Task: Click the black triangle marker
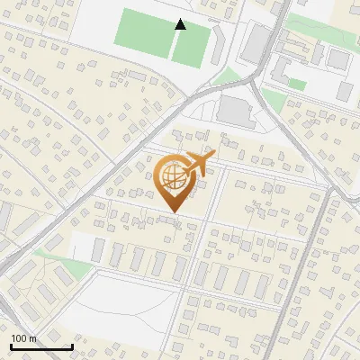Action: [x=180, y=24]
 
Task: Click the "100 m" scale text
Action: [x=23, y=338]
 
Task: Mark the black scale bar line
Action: [x=41, y=346]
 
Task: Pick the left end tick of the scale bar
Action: [x=11, y=345]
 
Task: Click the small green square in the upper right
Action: [x=297, y=85]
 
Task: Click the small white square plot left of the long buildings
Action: [x=81, y=247]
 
